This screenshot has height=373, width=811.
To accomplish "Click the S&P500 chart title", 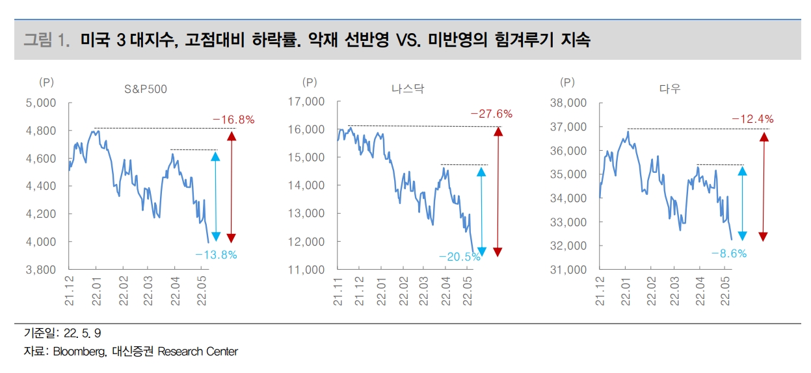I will click(146, 89).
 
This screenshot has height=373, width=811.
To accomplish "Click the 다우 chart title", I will click(670, 89).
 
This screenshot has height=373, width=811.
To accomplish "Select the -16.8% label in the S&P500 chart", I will click(233, 120).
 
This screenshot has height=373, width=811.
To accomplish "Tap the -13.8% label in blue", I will click(216, 255).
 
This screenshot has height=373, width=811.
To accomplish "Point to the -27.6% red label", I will click(491, 114).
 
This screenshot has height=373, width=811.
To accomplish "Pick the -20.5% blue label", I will click(459, 257).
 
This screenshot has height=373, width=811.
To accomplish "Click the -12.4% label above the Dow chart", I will click(752, 119).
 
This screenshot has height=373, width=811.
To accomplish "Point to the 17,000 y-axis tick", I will click(306, 101).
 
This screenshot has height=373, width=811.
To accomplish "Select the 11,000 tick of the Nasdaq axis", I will click(306, 269).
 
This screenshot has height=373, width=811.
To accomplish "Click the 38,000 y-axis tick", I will click(568, 103).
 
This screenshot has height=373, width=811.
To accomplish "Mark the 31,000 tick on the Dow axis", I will click(568, 269).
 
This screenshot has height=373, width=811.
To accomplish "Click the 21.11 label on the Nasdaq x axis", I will click(339, 291).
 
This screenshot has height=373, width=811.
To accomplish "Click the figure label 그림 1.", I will click(46, 40).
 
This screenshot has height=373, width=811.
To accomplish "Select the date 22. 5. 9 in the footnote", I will click(83, 333).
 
